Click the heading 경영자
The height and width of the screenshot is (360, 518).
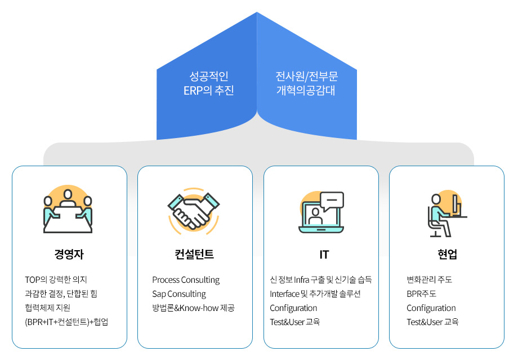(69, 254)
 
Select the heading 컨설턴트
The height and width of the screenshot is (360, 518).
(195, 254)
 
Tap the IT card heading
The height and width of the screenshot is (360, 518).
(324, 255)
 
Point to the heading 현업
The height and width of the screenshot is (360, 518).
(447, 254)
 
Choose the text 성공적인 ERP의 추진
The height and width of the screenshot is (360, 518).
(208, 83)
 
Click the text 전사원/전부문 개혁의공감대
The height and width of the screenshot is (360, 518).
(306, 83)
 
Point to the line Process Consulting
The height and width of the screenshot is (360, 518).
(186, 280)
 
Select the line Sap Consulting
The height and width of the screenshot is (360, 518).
(179, 294)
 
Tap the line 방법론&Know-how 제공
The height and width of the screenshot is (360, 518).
(193, 308)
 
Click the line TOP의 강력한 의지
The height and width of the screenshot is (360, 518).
(56, 280)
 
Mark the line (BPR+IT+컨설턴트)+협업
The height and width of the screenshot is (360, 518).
(66, 322)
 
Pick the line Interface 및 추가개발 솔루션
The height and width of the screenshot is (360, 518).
(315, 294)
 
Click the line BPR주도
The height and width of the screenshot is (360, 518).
(422, 294)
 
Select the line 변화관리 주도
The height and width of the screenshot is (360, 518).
(430, 280)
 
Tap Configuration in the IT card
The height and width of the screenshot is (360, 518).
(293, 308)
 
